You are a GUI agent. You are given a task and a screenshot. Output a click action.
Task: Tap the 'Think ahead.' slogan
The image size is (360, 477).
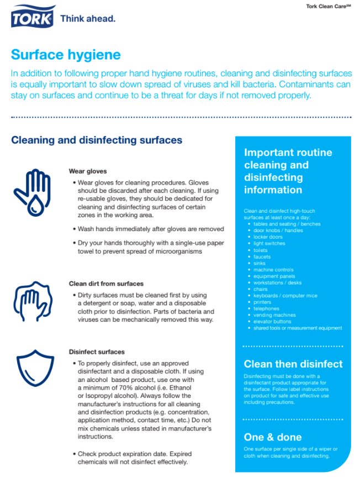88,19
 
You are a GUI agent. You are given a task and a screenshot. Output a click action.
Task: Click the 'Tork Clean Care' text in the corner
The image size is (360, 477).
329,6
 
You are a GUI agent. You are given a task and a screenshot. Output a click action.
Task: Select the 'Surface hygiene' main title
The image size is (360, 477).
66,55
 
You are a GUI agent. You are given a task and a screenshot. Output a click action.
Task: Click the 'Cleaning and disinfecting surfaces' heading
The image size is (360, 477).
97,140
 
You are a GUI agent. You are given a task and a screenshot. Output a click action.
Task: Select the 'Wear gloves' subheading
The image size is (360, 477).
88,171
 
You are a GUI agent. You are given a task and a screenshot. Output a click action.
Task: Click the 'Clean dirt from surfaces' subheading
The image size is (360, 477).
106,284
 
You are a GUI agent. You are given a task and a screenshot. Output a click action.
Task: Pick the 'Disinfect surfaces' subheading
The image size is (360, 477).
97,352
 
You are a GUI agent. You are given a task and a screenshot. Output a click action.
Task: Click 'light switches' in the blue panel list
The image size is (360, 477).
269,244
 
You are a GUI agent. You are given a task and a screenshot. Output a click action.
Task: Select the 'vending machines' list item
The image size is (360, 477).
274,315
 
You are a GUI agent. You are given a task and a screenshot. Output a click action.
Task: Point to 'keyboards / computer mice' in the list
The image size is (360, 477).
285,296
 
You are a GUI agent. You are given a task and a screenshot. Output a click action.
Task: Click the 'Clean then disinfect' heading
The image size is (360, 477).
293,364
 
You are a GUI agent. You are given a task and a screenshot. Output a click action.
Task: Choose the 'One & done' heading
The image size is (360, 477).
273,437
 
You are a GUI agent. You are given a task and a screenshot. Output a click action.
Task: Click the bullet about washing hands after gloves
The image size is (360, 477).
150,229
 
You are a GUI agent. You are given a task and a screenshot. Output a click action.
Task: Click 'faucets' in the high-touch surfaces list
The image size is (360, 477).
262,256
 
